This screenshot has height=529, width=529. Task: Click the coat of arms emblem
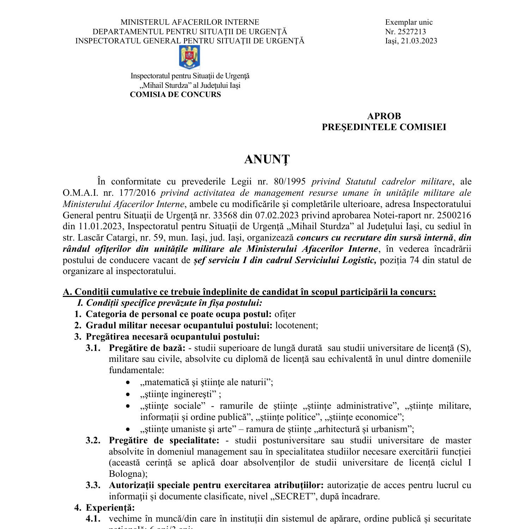(190, 57)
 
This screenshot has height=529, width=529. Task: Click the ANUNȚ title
(267, 159)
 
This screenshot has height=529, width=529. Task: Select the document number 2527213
(412, 31)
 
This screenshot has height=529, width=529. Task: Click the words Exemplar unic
(409, 22)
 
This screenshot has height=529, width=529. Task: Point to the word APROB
(384, 116)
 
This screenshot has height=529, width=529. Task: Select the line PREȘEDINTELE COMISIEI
(384, 127)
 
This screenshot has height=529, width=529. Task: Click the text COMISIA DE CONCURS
(175, 95)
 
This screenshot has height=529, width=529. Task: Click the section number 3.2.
(93, 440)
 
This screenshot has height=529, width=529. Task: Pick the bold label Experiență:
(110, 508)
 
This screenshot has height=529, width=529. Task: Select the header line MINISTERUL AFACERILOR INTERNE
(190, 22)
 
